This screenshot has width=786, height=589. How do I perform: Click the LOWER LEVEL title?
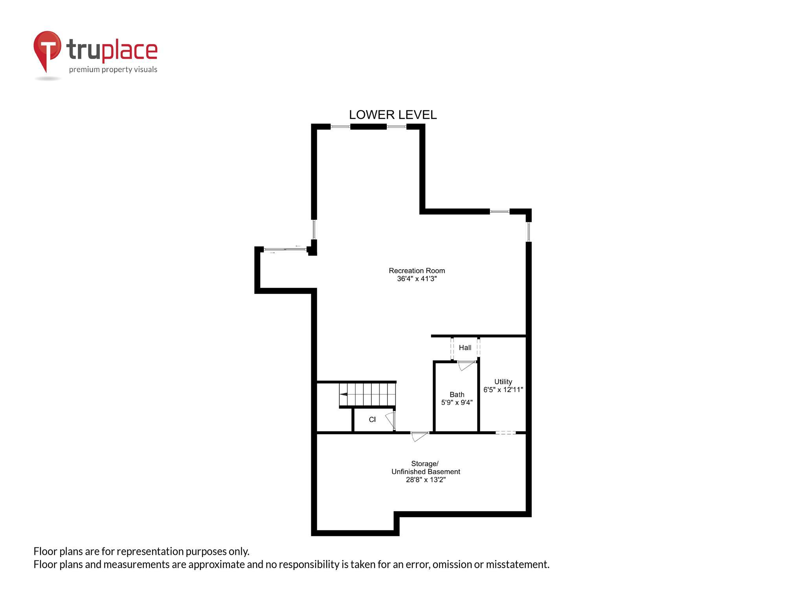pos(393,115)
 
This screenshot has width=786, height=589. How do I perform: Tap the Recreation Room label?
pos(417,271)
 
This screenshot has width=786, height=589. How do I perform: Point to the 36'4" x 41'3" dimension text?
pos(417,279)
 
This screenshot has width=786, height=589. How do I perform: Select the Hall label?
pos(465,348)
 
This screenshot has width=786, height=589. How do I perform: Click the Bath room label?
pos(457,394)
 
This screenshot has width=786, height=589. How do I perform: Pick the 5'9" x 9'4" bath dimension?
pos(457,402)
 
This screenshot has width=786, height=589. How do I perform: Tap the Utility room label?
pos(503,382)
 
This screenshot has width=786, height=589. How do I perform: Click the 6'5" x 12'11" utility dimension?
pos(503,390)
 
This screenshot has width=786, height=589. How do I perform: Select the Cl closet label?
pos(372,419)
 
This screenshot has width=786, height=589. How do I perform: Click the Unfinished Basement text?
pos(426,472)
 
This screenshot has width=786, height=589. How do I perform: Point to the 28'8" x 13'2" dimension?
pos(426,480)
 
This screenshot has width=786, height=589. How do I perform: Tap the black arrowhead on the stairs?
pos(343,394)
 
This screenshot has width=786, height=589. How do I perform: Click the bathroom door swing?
pos(466,366)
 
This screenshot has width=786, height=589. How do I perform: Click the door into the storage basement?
pos(419,436)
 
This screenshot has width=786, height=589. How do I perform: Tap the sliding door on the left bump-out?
pos(285,249)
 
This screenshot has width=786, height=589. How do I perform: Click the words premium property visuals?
pos(113,70)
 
